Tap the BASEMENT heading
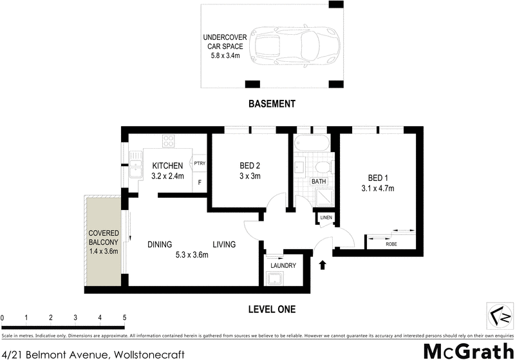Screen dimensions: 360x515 pyautogui.click(x=272, y=104)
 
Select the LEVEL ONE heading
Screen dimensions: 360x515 pyautogui.click(x=272, y=310)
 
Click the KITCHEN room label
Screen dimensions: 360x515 pyautogui.click(x=167, y=166)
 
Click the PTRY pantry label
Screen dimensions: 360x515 pyautogui.click(x=200, y=164)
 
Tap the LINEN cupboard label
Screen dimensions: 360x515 pyautogui.click(x=325, y=218)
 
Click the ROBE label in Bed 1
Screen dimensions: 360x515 pyautogui.click(x=391, y=244)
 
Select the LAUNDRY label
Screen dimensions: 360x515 pyautogui.click(x=283, y=265)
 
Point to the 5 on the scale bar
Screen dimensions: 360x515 pyautogui.click(x=124, y=317)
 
